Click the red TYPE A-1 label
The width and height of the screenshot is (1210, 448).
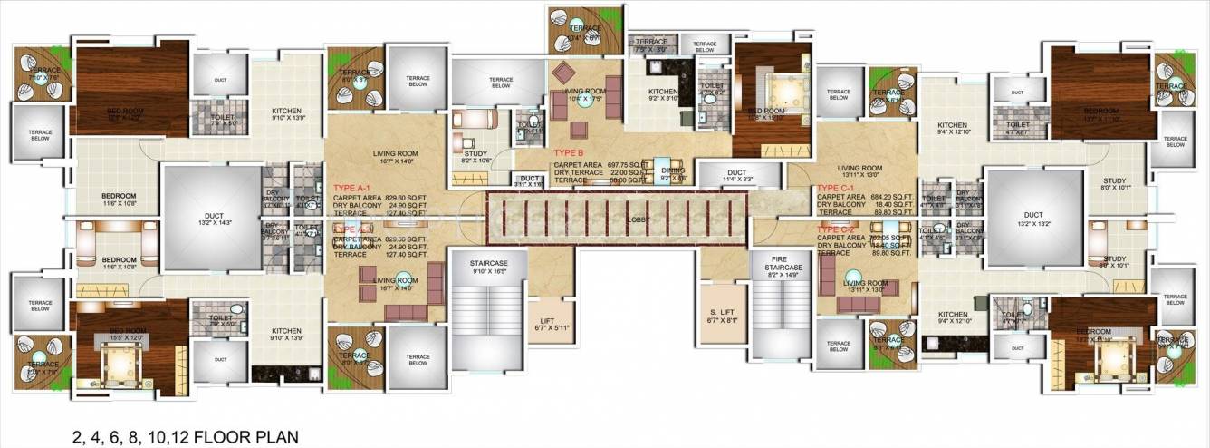[x=352, y=186]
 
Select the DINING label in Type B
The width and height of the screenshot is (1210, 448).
[x=673, y=172]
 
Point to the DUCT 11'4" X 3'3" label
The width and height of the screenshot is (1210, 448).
[x=735, y=175]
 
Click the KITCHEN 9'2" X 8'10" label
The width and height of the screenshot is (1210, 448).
[x=665, y=96]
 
